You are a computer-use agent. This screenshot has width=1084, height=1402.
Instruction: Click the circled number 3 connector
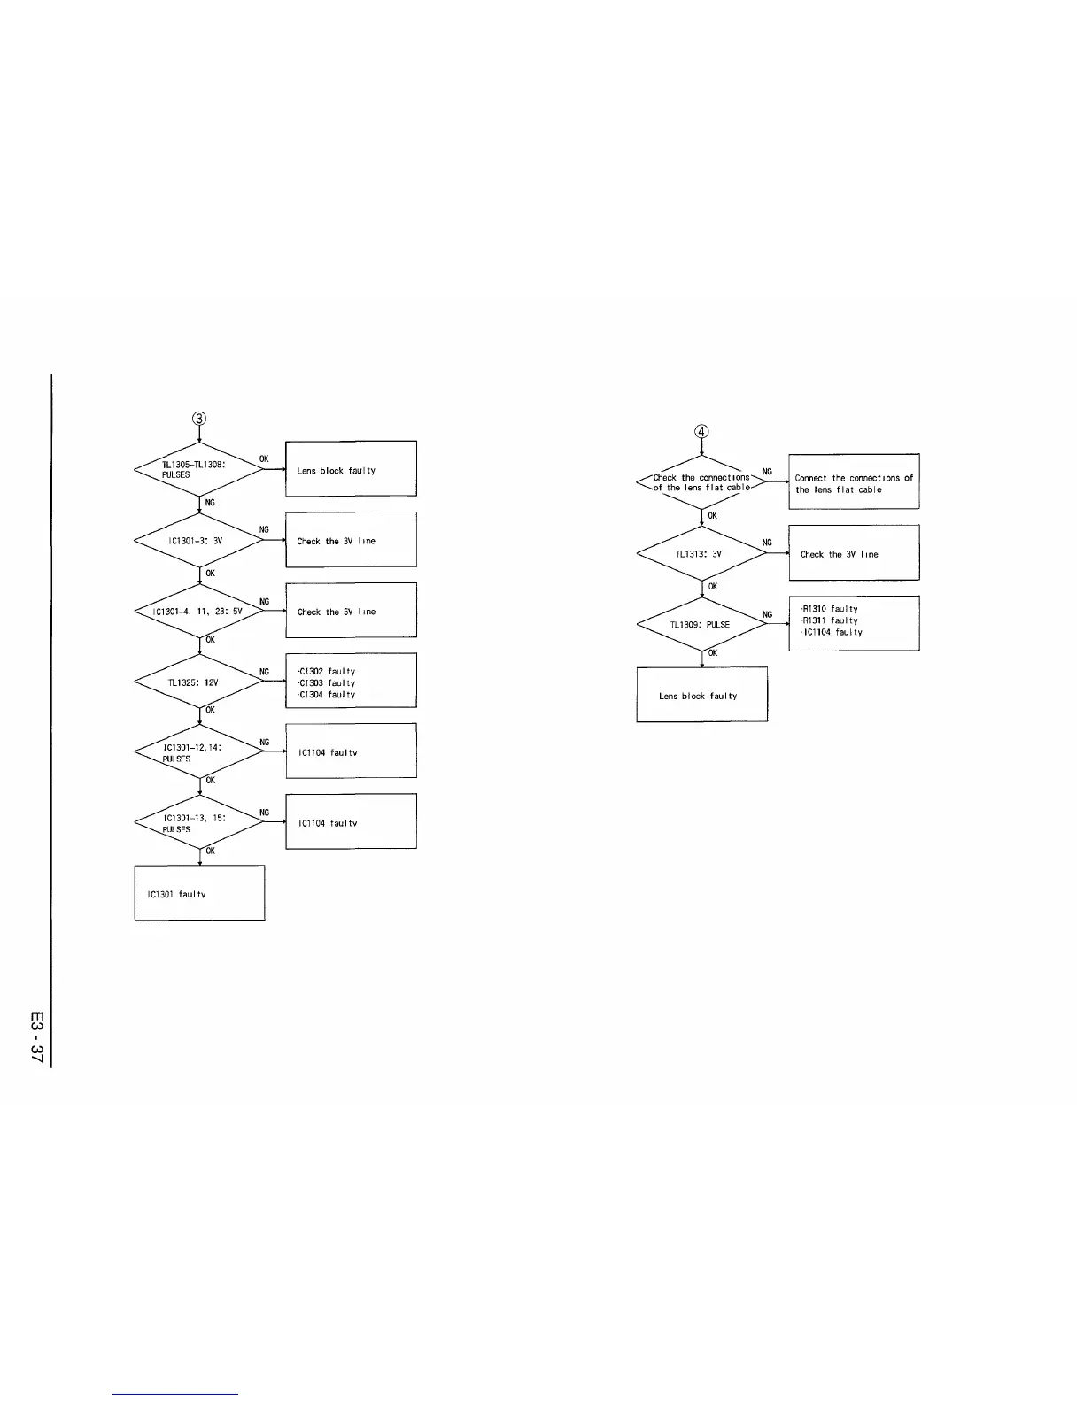click(199, 418)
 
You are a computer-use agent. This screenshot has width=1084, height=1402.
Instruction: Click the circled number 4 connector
click(701, 431)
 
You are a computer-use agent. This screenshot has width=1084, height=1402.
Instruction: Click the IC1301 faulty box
click(199, 892)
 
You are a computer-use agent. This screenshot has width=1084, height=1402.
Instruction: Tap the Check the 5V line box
click(351, 610)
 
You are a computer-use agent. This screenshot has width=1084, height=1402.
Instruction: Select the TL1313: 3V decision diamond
click(701, 553)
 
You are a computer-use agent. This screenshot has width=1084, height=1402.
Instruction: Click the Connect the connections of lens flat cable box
click(854, 481)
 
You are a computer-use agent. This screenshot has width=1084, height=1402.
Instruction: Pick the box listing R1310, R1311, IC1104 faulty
click(854, 623)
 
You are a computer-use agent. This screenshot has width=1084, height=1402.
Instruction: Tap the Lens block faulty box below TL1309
click(701, 695)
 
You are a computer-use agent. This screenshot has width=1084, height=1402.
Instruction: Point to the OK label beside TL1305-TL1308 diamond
click(264, 458)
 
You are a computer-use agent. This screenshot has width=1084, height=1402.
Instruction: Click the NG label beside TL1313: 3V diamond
click(767, 543)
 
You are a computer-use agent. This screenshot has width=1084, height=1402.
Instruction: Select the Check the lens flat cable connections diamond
click(701, 482)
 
